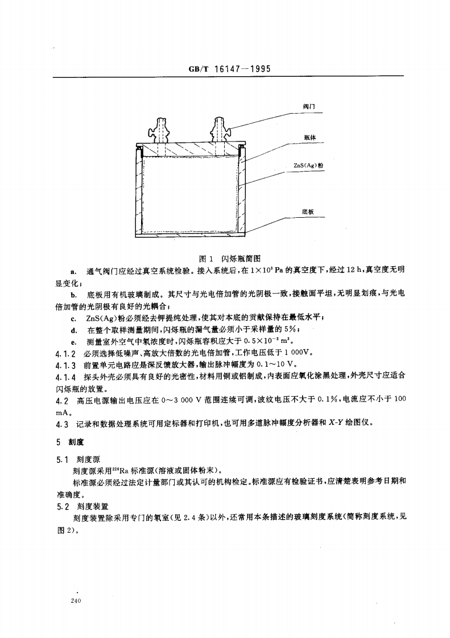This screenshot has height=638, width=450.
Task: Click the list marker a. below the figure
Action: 73,268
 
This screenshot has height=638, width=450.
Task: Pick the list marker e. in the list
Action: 73,342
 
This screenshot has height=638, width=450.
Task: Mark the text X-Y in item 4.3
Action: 332,424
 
